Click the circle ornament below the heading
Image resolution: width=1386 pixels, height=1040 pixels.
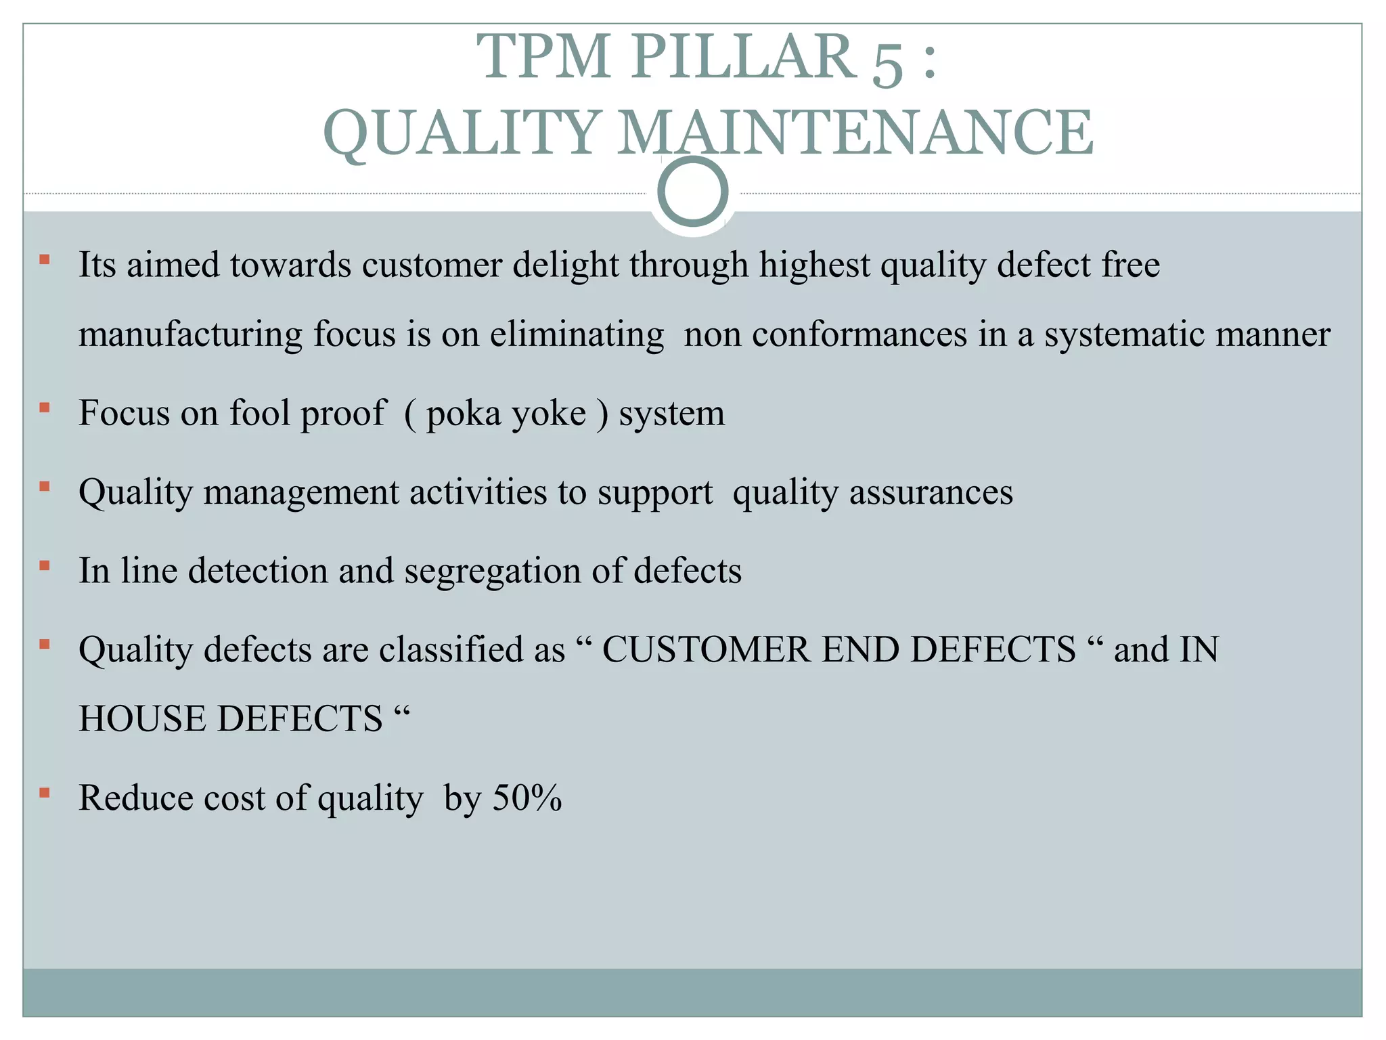click(692, 192)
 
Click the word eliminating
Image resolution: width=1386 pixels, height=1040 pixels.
click(577, 334)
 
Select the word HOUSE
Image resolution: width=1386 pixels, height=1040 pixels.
click(141, 719)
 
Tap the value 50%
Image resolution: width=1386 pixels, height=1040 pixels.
click(527, 798)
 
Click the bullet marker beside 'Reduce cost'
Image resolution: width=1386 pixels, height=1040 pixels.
click(45, 792)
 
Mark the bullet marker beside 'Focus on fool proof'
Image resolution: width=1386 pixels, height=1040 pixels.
click(45, 408)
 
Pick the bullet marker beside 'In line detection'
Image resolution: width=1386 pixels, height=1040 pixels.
click(45, 565)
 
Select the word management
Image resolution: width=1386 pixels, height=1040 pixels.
click(300, 492)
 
